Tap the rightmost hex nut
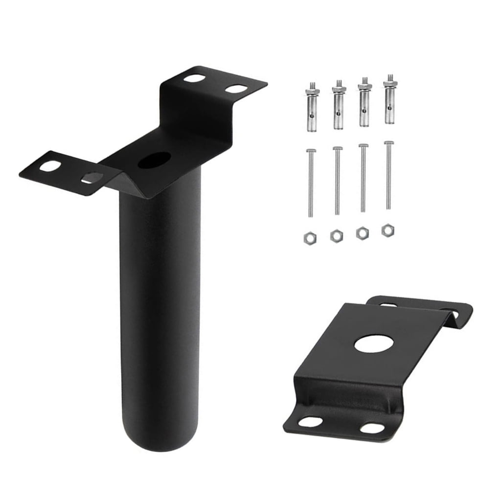click(x=388, y=229)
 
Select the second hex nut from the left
click(x=336, y=236)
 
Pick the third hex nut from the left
click(x=362, y=232)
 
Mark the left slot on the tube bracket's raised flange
click(x=195, y=78)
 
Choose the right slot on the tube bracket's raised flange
click(x=237, y=89)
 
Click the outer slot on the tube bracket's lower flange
click(x=49, y=166)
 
